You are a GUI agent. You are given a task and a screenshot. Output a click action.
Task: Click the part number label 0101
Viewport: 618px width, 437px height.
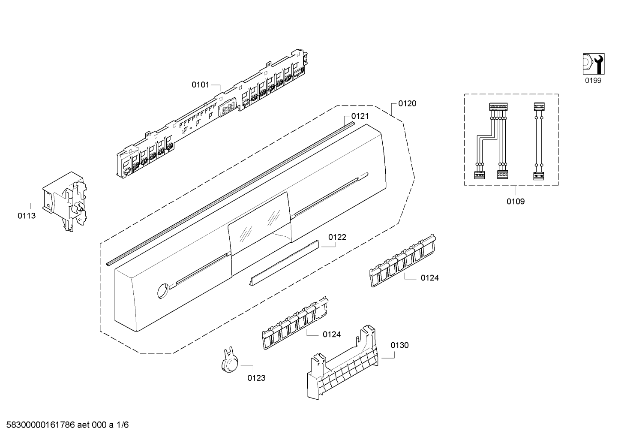[201, 85]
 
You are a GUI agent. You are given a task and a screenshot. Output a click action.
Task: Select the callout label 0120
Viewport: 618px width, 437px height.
[407, 103]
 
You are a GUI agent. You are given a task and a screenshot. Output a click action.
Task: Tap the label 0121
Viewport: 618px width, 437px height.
[360, 116]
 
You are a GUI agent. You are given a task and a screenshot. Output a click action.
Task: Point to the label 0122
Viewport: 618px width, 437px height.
[337, 237]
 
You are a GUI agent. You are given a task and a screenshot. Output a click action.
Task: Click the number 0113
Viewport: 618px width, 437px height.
[27, 216]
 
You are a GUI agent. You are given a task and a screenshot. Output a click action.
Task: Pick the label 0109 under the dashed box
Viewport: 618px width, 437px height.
[516, 202]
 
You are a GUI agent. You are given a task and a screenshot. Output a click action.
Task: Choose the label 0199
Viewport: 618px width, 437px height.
[593, 80]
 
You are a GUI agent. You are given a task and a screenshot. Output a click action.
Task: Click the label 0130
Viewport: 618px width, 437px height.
[399, 345]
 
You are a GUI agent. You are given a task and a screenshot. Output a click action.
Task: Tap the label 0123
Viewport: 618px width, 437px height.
[256, 378]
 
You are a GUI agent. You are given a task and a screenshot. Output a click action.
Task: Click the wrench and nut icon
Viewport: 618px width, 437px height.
[594, 64]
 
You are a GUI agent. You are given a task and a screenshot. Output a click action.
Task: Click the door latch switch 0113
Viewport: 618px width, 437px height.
[64, 201]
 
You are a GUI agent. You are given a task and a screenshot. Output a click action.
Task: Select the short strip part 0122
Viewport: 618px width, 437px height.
[284, 262]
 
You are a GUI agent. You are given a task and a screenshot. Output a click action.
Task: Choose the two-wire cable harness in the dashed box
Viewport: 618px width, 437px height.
[539, 141]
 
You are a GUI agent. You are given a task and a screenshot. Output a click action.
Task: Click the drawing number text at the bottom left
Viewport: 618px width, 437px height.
[67, 425]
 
